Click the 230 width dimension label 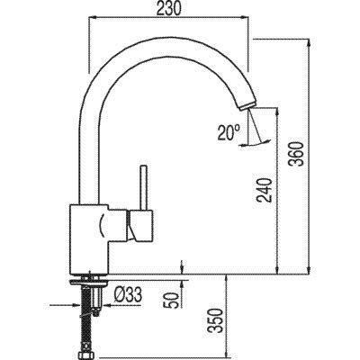tap(168, 9)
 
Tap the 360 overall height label tap(299, 154)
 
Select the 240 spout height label tap(265, 190)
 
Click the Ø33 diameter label tap(128, 295)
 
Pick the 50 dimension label tap(173, 300)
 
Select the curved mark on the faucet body tap(101, 225)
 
